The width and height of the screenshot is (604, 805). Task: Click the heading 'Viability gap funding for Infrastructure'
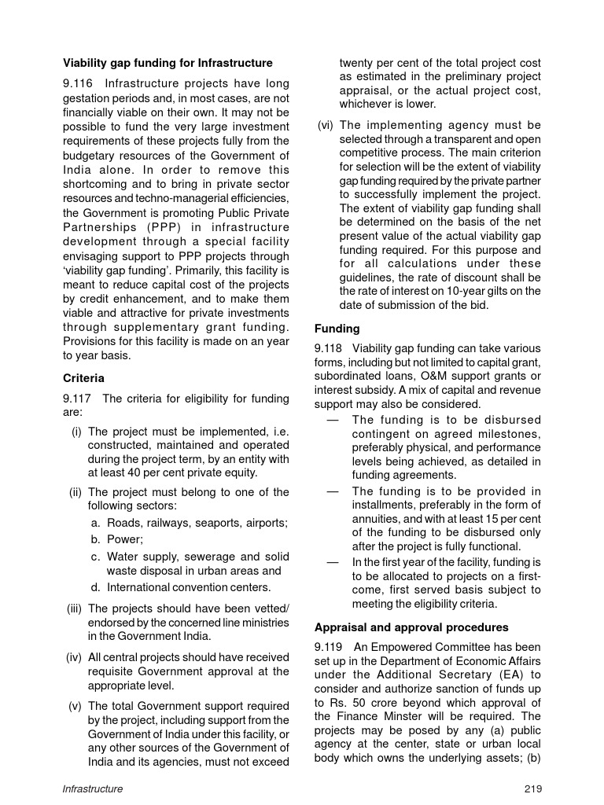tap(168, 63)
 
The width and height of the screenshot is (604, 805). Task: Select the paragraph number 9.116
tap(79, 83)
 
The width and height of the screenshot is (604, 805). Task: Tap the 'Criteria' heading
tap(83, 378)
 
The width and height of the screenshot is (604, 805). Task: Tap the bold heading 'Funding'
tap(337, 329)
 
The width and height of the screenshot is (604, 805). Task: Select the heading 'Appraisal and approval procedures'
tap(411, 627)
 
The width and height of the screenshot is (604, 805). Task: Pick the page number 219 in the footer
tap(532, 788)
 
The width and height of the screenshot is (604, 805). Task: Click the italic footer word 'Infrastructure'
tap(93, 788)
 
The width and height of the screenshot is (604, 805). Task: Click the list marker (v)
tap(76, 706)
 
